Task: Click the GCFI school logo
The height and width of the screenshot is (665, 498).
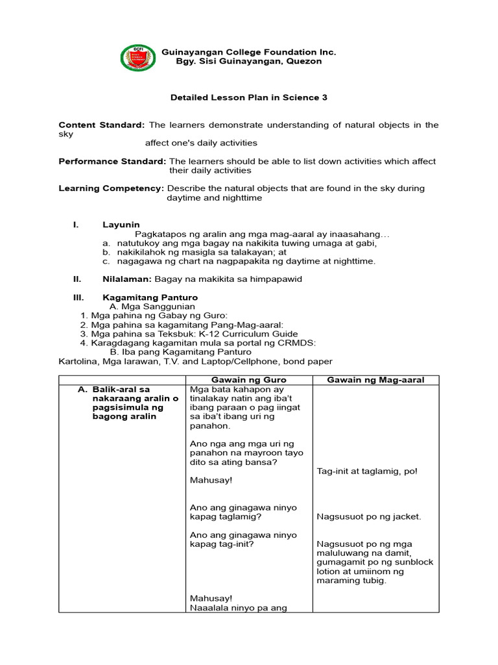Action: click(x=138, y=58)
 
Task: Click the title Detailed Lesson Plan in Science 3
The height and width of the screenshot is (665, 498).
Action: click(x=248, y=97)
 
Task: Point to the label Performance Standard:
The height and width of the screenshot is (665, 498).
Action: click(x=112, y=161)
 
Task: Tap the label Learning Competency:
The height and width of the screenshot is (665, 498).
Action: click(x=111, y=188)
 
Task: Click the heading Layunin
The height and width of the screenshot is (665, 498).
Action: click(x=121, y=225)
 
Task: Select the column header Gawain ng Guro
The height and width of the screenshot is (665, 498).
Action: click(x=249, y=380)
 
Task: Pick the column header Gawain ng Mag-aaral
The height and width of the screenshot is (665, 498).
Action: click(x=375, y=380)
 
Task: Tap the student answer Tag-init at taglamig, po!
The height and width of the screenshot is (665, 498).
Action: click(x=367, y=471)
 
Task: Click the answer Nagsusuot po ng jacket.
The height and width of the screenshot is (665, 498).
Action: click(x=369, y=517)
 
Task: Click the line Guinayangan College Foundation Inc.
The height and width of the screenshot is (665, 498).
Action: click(x=249, y=52)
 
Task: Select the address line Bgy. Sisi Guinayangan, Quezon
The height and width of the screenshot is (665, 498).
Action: click(x=249, y=62)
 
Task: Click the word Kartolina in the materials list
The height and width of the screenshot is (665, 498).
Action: click(x=77, y=361)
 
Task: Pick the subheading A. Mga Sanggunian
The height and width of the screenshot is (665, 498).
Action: click(x=152, y=307)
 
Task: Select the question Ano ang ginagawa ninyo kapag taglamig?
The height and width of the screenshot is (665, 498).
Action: click(x=243, y=512)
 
